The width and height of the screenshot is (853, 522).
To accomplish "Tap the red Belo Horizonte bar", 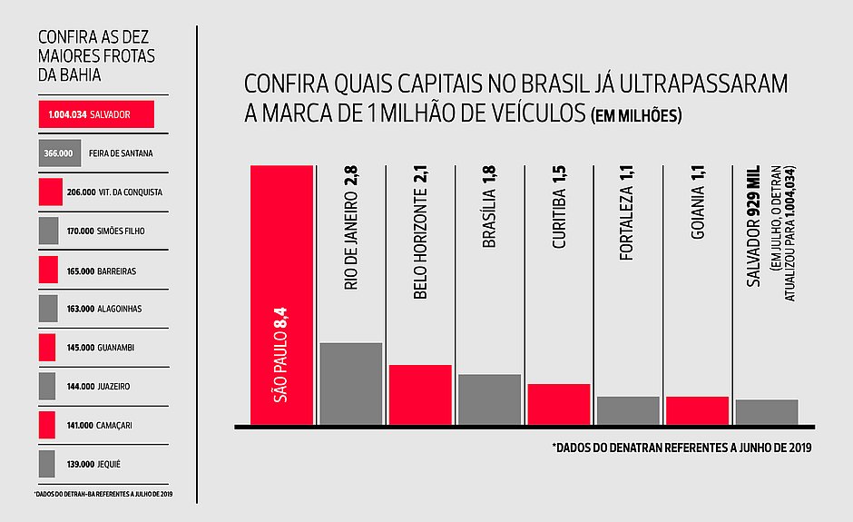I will tap(420, 395).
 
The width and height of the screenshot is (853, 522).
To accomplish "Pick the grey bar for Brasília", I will tap(489, 399).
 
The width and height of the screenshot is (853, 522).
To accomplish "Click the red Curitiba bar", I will tap(558, 404).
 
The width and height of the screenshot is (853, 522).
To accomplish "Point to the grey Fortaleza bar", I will tap(628, 410).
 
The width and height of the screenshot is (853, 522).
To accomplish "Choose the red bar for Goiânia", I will tap(697, 410).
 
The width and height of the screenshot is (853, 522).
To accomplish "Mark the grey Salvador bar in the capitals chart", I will tap(767, 412).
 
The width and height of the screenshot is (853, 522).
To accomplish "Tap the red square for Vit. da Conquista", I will tap(51, 192).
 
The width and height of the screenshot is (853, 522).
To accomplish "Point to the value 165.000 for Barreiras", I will tap(81, 271).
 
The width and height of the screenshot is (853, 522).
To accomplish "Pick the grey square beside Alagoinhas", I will tap(48, 309).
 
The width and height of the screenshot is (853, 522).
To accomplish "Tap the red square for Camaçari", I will tap(48, 425).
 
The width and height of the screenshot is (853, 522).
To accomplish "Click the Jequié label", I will tap(110, 464).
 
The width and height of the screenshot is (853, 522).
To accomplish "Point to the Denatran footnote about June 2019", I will tap(681, 448).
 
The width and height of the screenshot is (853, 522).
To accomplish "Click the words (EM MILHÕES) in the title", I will tap(635, 117).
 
